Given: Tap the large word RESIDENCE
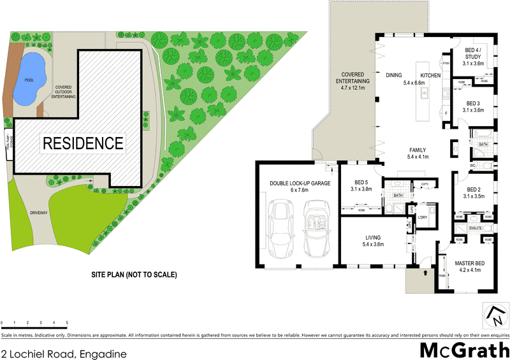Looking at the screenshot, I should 82,143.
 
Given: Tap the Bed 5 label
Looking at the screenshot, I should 361,185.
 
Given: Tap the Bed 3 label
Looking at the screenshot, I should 472,106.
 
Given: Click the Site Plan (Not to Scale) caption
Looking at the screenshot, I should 134,275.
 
